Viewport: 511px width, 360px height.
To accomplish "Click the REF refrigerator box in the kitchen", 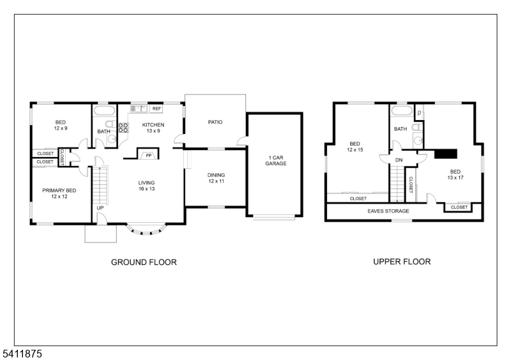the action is [x=156, y=109].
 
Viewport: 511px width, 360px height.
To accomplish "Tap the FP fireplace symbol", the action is [x=149, y=155].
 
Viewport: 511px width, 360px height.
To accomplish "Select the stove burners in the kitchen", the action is [x=123, y=128].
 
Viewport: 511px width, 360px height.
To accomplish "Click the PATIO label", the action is [x=215, y=122].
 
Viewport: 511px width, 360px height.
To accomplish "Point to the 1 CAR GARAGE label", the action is [x=276, y=161].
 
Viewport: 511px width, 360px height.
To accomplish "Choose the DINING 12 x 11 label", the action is [x=216, y=178].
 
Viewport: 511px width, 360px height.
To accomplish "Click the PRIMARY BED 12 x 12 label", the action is [x=59, y=193].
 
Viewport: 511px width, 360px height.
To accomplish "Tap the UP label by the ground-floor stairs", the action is [x=100, y=208].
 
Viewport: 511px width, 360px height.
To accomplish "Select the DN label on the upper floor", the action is [x=399, y=160].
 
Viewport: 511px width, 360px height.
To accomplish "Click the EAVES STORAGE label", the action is [x=388, y=211].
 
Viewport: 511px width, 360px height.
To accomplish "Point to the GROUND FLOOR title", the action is [x=144, y=262].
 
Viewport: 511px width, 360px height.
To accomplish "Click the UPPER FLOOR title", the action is [x=402, y=262].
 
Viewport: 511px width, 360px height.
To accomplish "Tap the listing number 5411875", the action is [x=22, y=354].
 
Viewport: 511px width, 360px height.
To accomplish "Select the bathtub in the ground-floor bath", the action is [x=105, y=110].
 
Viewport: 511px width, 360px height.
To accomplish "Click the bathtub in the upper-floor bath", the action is [x=402, y=110].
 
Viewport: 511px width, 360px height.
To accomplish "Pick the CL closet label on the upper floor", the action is [x=419, y=113].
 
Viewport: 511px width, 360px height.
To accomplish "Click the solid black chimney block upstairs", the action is [x=446, y=154].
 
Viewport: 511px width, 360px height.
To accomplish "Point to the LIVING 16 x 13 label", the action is [x=146, y=186].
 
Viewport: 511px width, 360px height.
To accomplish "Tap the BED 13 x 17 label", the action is [x=455, y=175].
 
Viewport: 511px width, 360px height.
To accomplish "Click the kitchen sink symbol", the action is [x=139, y=109].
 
